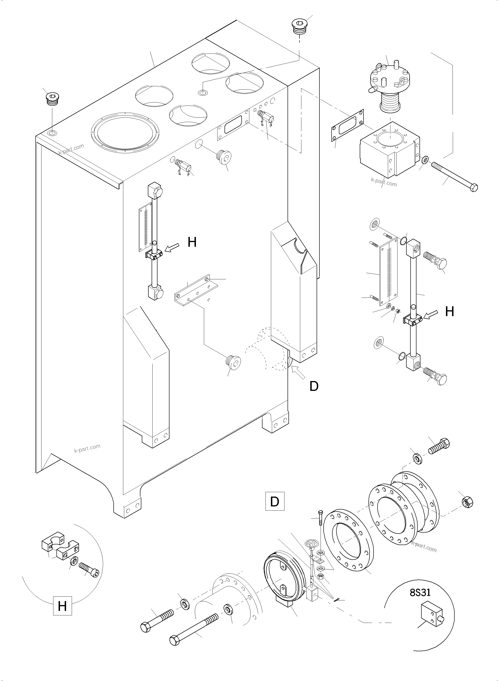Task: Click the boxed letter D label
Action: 275,501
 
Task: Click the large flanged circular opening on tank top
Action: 125,132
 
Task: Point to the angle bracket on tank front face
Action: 196,288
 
